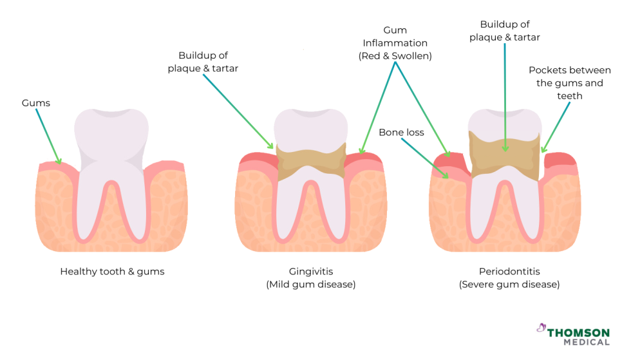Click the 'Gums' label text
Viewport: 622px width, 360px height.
[x=35, y=103]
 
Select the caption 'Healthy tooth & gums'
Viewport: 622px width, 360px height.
[x=112, y=272]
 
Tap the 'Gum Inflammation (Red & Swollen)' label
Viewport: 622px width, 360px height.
[x=395, y=43]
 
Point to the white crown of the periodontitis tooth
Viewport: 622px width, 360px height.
[x=505, y=121]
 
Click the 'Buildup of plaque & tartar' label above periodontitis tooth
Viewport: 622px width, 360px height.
[x=505, y=31]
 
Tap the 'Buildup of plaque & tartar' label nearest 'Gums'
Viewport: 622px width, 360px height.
[x=203, y=62]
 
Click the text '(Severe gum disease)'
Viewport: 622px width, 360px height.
[x=509, y=284]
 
